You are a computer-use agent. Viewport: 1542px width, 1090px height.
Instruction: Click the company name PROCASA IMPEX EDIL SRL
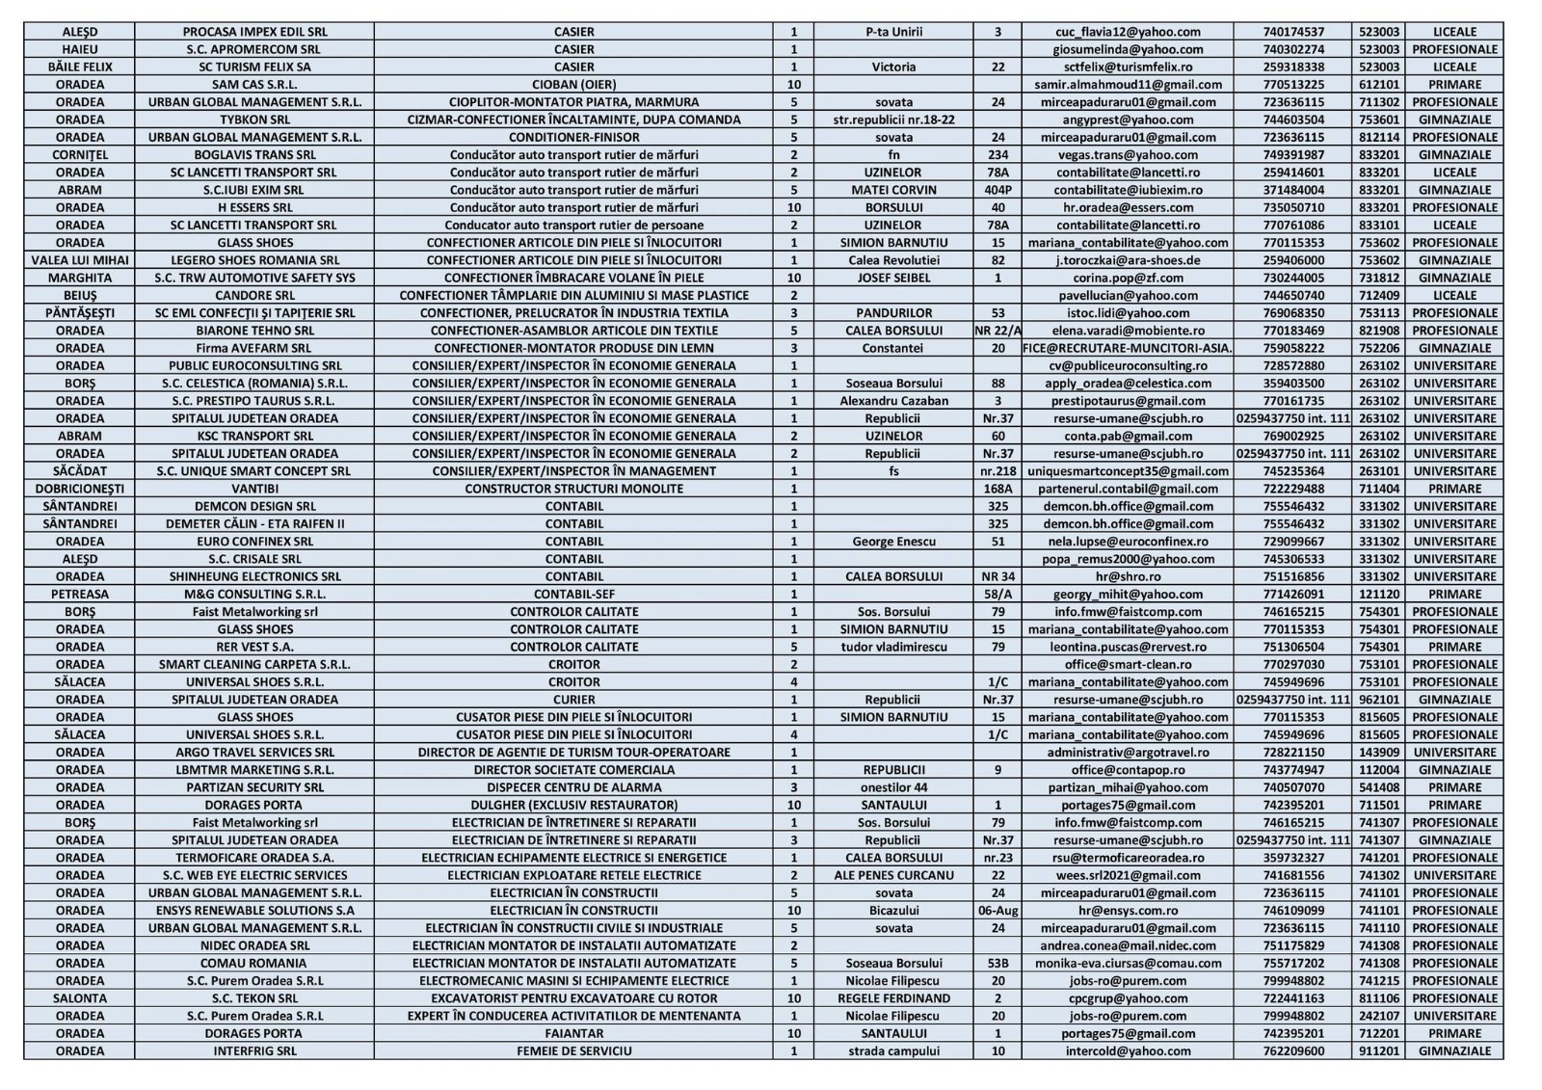coord(254,32)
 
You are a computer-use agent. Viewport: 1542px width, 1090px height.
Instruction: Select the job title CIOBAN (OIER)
coord(573,85)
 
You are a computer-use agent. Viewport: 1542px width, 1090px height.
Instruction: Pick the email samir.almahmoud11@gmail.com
coord(1128,85)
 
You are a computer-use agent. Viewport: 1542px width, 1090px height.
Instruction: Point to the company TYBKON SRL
coord(254,120)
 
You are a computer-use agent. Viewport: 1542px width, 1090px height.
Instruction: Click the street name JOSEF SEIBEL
coord(893,278)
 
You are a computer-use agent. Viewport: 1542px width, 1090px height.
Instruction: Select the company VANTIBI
coord(254,489)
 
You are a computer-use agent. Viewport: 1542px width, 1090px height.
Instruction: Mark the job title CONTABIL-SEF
coord(573,594)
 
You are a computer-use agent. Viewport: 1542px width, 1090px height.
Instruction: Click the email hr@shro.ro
coord(1128,576)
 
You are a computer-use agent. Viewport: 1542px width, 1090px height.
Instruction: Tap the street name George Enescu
coord(893,542)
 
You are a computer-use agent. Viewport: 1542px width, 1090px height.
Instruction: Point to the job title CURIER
coord(573,700)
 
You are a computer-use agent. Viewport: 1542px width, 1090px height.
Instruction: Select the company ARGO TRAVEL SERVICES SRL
coord(254,752)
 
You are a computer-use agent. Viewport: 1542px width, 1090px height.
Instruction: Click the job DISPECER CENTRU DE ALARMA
coord(573,787)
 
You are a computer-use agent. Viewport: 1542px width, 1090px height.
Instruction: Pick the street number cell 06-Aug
coord(997,910)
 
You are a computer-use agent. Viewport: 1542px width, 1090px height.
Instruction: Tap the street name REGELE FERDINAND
coord(893,998)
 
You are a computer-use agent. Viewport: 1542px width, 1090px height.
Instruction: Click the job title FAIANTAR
coord(573,1033)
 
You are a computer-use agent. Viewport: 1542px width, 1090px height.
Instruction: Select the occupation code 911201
coord(1378,1050)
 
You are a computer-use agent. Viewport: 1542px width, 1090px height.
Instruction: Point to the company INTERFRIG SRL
coord(254,1050)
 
